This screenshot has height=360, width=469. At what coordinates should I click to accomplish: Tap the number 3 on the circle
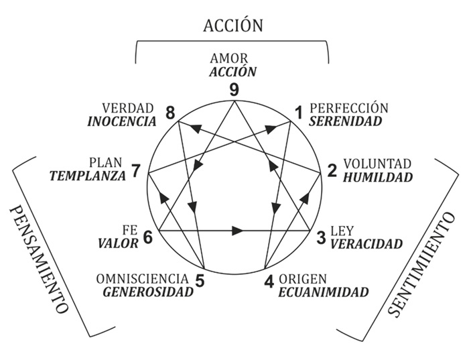point(322,236)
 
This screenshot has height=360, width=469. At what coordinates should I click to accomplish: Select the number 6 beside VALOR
point(148,237)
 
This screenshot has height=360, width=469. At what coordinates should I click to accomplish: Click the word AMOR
point(234,58)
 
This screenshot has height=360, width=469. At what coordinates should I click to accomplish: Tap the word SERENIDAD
point(346,121)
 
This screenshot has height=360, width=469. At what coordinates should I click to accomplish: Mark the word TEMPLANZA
point(88,176)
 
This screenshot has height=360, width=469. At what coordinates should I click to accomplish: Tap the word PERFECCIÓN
point(349,108)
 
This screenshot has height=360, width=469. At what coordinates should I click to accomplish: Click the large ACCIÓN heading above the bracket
point(233,25)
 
